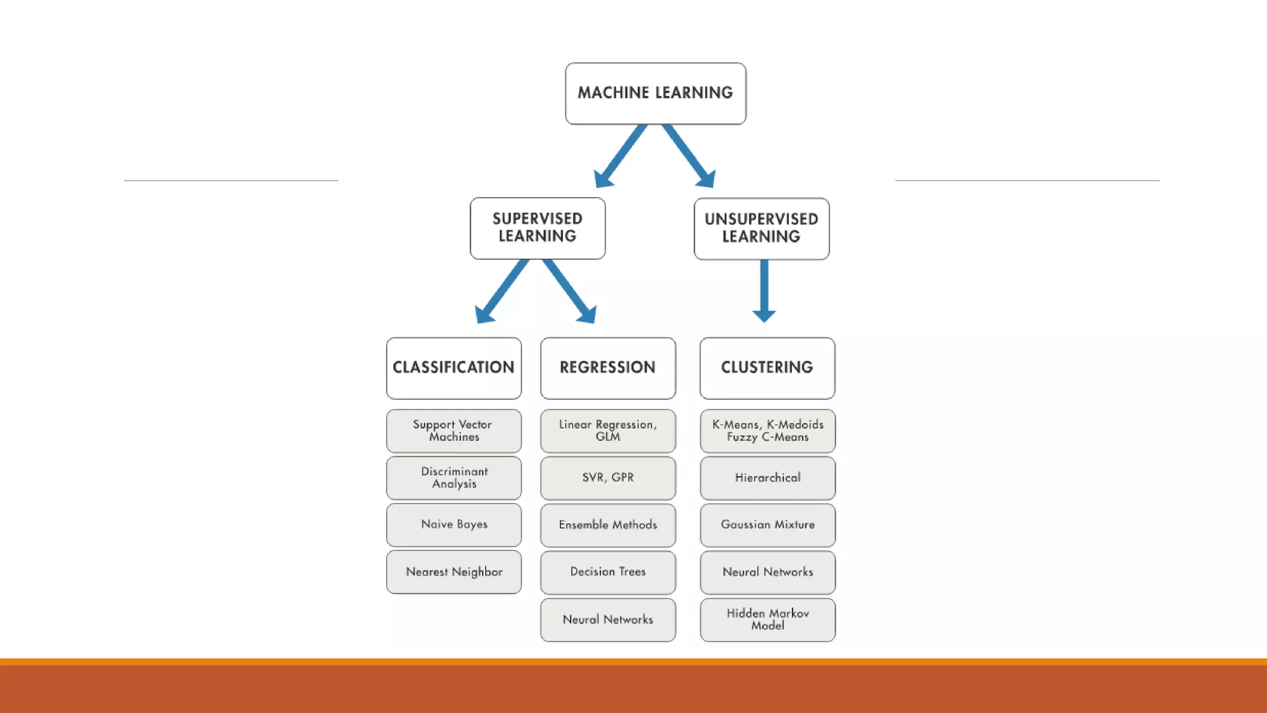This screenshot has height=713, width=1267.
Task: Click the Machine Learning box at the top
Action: point(655,93)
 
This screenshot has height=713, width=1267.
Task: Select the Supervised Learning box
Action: point(537,228)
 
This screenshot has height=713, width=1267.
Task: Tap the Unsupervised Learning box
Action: point(761,228)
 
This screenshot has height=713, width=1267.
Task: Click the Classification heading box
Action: point(453,368)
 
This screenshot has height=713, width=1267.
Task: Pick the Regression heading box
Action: point(608,368)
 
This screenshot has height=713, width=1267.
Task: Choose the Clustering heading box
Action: point(767,368)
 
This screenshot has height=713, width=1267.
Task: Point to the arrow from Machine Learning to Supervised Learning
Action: point(621,155)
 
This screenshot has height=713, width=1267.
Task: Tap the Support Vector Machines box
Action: point(453,431)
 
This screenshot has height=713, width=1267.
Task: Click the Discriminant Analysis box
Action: point(453,478)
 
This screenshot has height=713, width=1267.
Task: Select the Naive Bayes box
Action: point(453,525)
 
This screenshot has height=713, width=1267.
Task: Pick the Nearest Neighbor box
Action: point(453,572)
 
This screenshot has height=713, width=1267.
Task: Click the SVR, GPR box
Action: point(608,478)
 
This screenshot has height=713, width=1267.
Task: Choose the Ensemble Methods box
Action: point(608,525)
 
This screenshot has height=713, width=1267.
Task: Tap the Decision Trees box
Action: point(608,572)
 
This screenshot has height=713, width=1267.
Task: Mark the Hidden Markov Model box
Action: point(767,620)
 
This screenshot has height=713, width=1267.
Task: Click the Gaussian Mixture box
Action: point(767,525)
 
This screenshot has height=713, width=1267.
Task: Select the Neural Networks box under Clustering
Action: point(767,572)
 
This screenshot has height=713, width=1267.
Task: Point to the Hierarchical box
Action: point(767,478)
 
